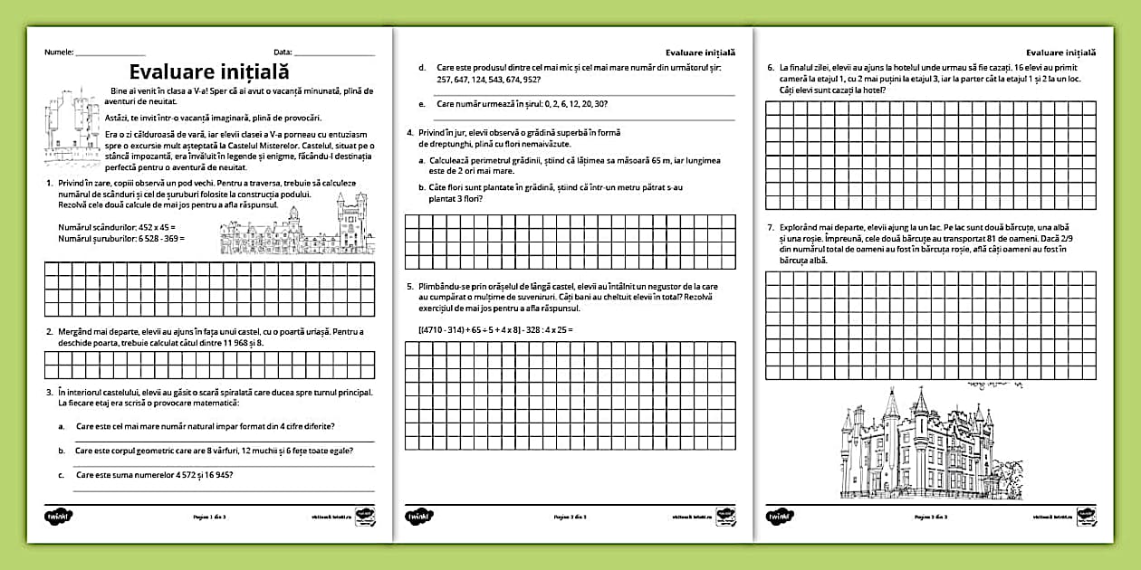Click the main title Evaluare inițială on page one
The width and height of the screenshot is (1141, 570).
point(209,71)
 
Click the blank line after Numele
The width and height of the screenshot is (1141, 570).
point(110,55)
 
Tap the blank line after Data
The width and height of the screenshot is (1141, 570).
point(334,55)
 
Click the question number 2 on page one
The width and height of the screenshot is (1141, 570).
point(48,331)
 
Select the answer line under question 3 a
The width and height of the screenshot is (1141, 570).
point(223,441)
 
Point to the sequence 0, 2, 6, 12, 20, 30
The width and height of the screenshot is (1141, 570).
point(562,104)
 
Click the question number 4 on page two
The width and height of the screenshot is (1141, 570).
point(409,133)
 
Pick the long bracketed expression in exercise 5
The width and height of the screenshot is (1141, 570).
point(495,329)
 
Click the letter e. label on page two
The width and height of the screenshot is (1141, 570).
point(422,104)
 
